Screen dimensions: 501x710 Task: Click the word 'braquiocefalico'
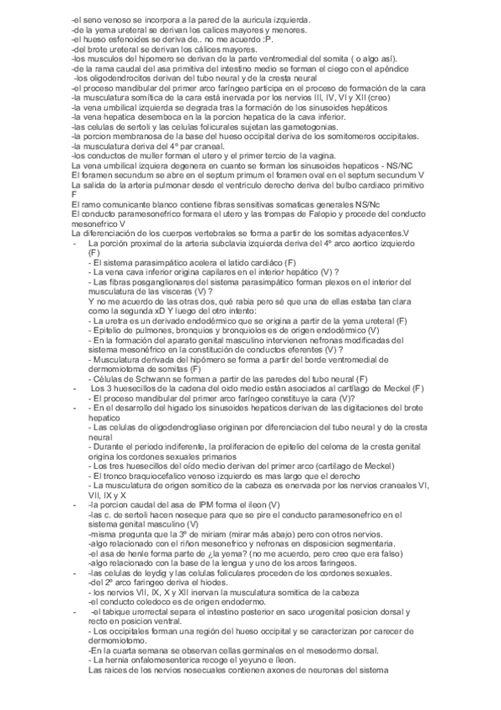(143, 476)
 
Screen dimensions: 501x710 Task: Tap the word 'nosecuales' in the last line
(191, 669)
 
